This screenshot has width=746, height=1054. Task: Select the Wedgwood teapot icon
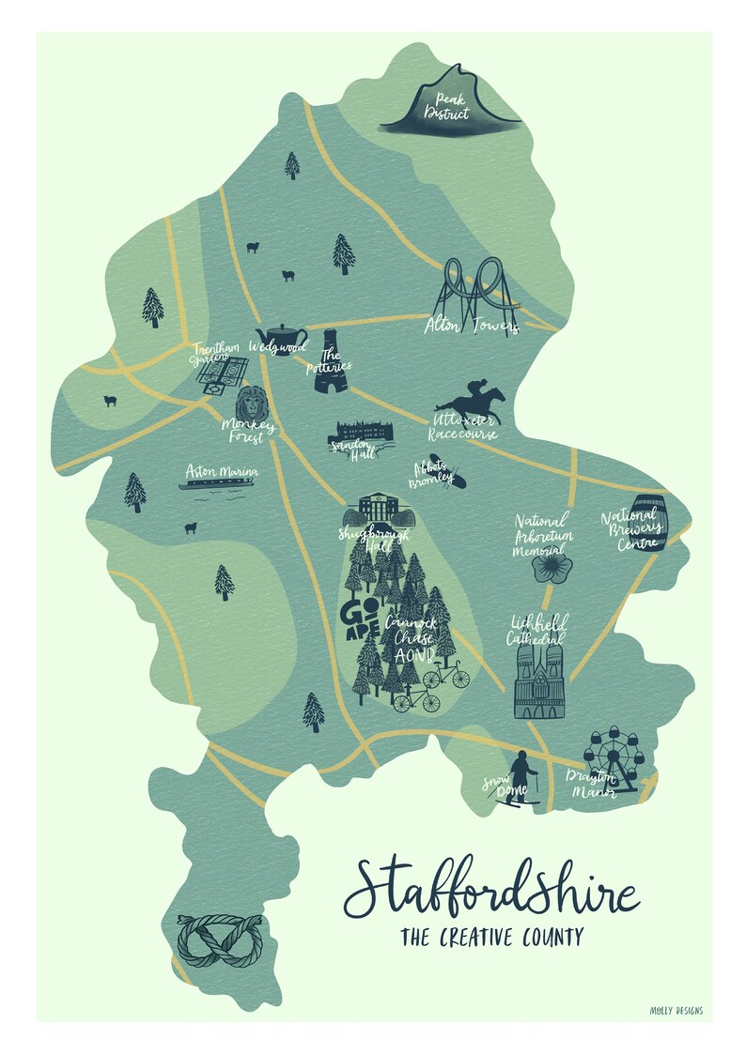coord(280,335)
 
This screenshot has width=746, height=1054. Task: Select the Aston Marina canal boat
coord(219,485)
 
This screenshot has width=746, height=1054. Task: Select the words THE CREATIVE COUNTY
coord(490,937)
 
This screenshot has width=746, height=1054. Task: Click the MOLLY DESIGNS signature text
coord(676,1011)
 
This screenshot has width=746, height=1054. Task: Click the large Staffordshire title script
coord(490,888)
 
